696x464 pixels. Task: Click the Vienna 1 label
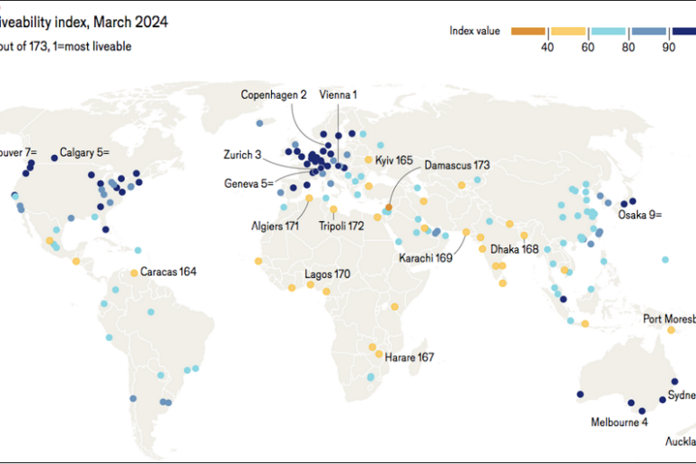tap(338, 94)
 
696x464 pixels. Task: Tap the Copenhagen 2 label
tap(274, 94)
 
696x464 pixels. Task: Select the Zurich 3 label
tap(244, 155)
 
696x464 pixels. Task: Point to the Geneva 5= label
tap(248, 183)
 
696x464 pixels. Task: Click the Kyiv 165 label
tap(394, 160)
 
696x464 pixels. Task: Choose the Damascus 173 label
tap(457, 166)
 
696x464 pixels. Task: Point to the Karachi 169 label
tap(426, 258)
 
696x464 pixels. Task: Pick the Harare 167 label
tap(410, 357)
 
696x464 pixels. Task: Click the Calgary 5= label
tap(84, 152)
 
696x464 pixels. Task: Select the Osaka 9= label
tap(640, 215)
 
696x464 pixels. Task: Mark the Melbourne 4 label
tap(619, 422)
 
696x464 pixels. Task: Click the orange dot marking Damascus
tap(388, 208)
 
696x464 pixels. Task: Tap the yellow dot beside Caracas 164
tap(134, 272)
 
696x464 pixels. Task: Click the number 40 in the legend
tap(547, 47)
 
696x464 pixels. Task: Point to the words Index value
tap(475, 31)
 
